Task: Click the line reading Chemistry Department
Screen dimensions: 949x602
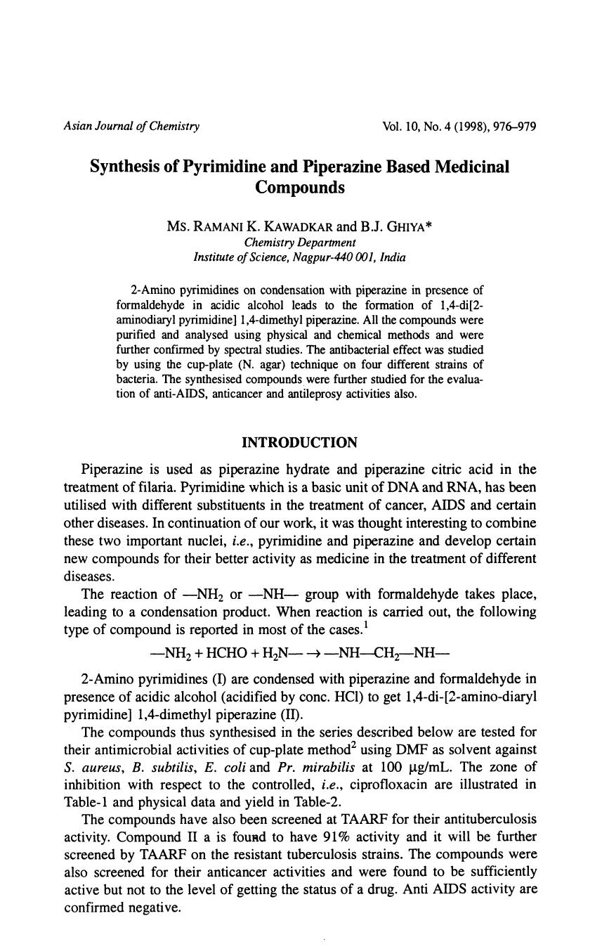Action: (x=299, y=243)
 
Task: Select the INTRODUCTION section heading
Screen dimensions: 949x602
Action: (x=299, y=443)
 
